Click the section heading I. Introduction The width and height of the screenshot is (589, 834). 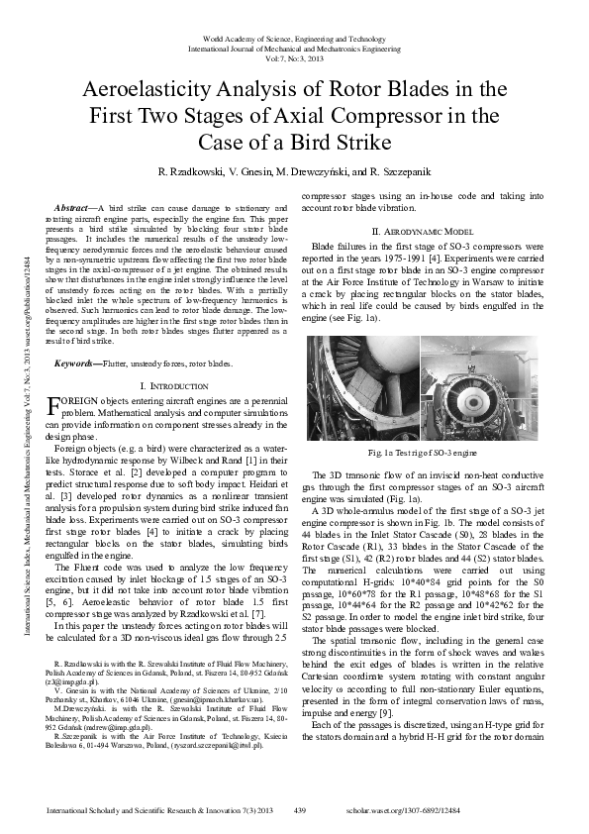pos(172,384)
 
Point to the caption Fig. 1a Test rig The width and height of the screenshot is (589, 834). pos(422,452)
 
